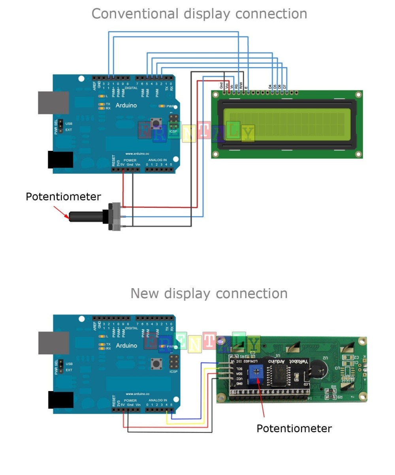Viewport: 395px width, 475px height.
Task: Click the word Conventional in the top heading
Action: (135, 14)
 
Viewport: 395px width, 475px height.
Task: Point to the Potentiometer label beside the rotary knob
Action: (63, 197)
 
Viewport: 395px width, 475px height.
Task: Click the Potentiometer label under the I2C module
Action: (294, 428)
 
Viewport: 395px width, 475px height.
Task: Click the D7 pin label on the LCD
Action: (285, 86)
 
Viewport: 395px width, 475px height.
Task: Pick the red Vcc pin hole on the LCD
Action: (229, 92)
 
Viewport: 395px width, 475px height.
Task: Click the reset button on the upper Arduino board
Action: (156, 123)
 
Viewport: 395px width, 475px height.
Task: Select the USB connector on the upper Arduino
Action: (53, 103)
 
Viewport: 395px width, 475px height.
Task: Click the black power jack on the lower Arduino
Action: (60, 400)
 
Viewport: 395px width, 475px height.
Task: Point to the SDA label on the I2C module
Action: (239, 373)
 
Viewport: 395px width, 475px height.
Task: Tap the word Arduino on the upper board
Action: (126, 105)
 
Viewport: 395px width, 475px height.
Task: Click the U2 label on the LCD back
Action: (325, 358)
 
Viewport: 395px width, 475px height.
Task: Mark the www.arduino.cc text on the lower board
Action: (137, 394)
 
